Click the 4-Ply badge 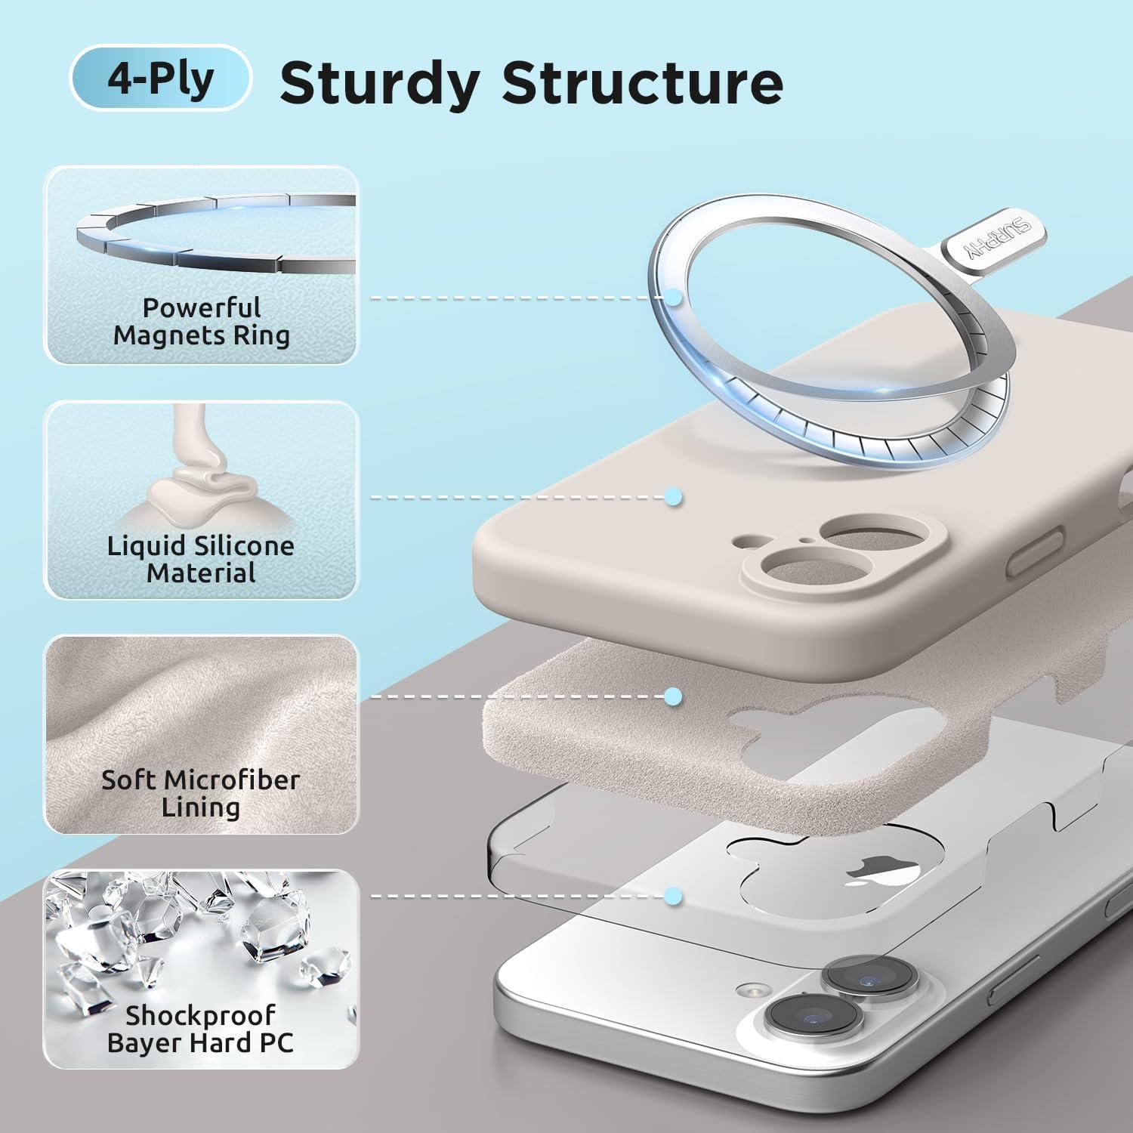pos(160,79)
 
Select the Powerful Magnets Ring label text pos(202,322)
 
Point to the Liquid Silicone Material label pos(201,559)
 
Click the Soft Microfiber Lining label pos(201,793)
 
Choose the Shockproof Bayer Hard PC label pos(201,1029)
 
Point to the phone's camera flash pos(752,989)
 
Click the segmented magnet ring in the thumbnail pos(215,234)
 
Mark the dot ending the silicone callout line pos(673,497)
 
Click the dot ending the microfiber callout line pos(673,696)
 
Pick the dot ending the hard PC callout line pos(673,896)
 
